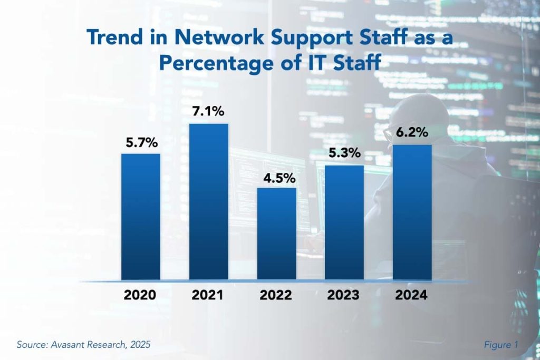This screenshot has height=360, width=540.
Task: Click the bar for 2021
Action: (209, 201)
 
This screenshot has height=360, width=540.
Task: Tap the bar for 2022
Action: (276, 233)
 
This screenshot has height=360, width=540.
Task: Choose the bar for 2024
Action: (412, 212)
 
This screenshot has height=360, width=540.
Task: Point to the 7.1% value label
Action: (209, 112)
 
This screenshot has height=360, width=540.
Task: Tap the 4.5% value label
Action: (276, 178)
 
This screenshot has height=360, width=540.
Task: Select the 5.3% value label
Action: (344, 154)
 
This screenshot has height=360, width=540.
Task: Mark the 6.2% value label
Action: (412, 133)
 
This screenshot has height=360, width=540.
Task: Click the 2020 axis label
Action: (141, 295)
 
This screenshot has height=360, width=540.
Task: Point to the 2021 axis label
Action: (209, 295)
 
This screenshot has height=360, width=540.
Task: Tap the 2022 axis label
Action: (276, 295)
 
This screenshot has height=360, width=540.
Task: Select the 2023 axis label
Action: (344, 295)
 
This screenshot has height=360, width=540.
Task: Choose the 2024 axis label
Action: (412, 295)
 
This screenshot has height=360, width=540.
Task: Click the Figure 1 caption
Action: (501, 345)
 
